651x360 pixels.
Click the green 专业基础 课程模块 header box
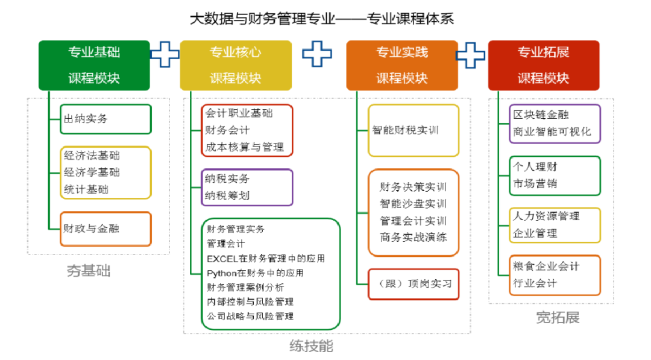pos(94,65)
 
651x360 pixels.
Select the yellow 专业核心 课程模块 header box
pos(236,65)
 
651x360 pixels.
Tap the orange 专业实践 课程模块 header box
pos(402,65)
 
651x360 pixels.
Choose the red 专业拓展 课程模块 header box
pos(543,65)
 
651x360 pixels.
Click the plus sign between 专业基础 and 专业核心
pos(165,55)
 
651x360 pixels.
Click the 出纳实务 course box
pos(105,119)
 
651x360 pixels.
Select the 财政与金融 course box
pos(105,229)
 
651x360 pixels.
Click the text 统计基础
pos(86,189)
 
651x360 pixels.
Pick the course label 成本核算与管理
pos(244,147)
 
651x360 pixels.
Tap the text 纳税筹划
pos(227,195)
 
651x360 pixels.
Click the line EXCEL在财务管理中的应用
pos(265,259)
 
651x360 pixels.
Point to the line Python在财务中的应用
pos(254,273)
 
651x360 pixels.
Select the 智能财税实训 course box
pos(414,130)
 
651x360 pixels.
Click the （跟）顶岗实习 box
pos(414,283)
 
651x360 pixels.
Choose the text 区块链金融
pos(541,115)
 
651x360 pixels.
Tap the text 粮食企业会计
pos(546,266)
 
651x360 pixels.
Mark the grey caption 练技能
pos(311,346)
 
